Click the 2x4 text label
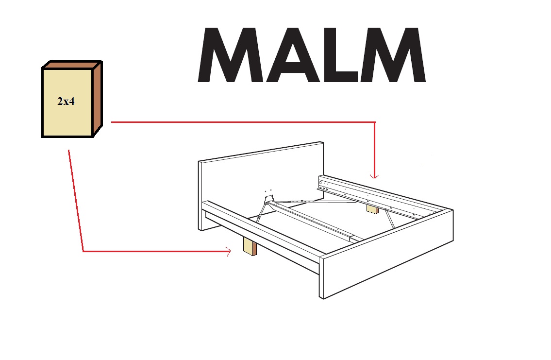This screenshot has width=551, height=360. click(66, 103)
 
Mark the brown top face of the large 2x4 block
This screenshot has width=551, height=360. click(72, 65)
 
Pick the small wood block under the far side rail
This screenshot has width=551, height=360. click(372, 209)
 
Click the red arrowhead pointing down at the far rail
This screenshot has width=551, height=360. click(374, 175)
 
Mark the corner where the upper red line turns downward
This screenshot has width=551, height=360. click(374, 122)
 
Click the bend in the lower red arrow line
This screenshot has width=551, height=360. click(83, 251)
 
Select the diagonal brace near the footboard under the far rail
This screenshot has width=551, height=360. click(389, 219)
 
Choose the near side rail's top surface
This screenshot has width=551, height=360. click(262, 228)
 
